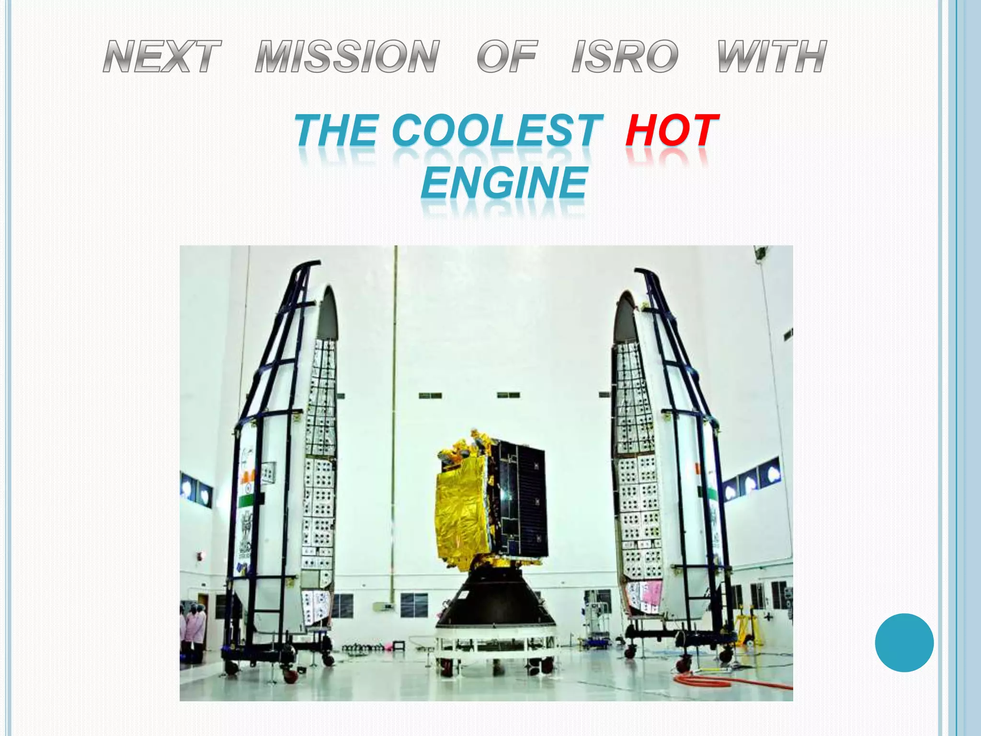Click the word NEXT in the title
[x=162, y=57]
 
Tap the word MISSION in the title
[x=347, y=57]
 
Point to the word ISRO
[x=625, y=57]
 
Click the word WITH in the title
[x=772, y=57]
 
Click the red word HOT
[x=672, y=130]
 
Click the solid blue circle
[x=904, y=642]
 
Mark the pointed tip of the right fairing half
[x=622, y=295]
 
